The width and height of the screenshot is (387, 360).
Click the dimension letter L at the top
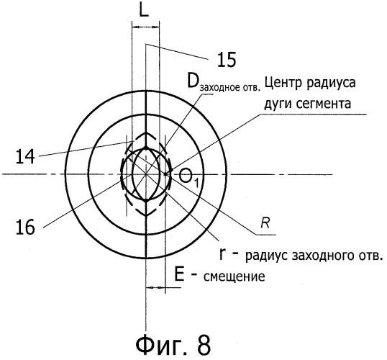(x=144, y=10)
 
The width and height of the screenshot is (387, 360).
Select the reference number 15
(x=227, y=60)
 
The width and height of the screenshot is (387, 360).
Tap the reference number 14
(x=25, y=157)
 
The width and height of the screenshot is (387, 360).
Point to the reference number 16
(x=25, y=228)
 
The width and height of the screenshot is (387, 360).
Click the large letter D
(x=193, y=81)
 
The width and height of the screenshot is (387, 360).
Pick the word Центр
(x=283, y=83)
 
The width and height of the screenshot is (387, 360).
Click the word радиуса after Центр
(x=331, y=84)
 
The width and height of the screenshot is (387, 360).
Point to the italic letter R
(x=265, y=223)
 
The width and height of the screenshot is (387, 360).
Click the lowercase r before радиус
(x=222, y=254)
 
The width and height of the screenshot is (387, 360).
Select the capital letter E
(x=179, y=274)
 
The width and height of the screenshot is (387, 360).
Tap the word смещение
(x=235, y=276)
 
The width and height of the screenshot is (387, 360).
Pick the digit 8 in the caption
(x=204, y=345)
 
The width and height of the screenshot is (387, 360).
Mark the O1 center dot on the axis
(x=165, y=174)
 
